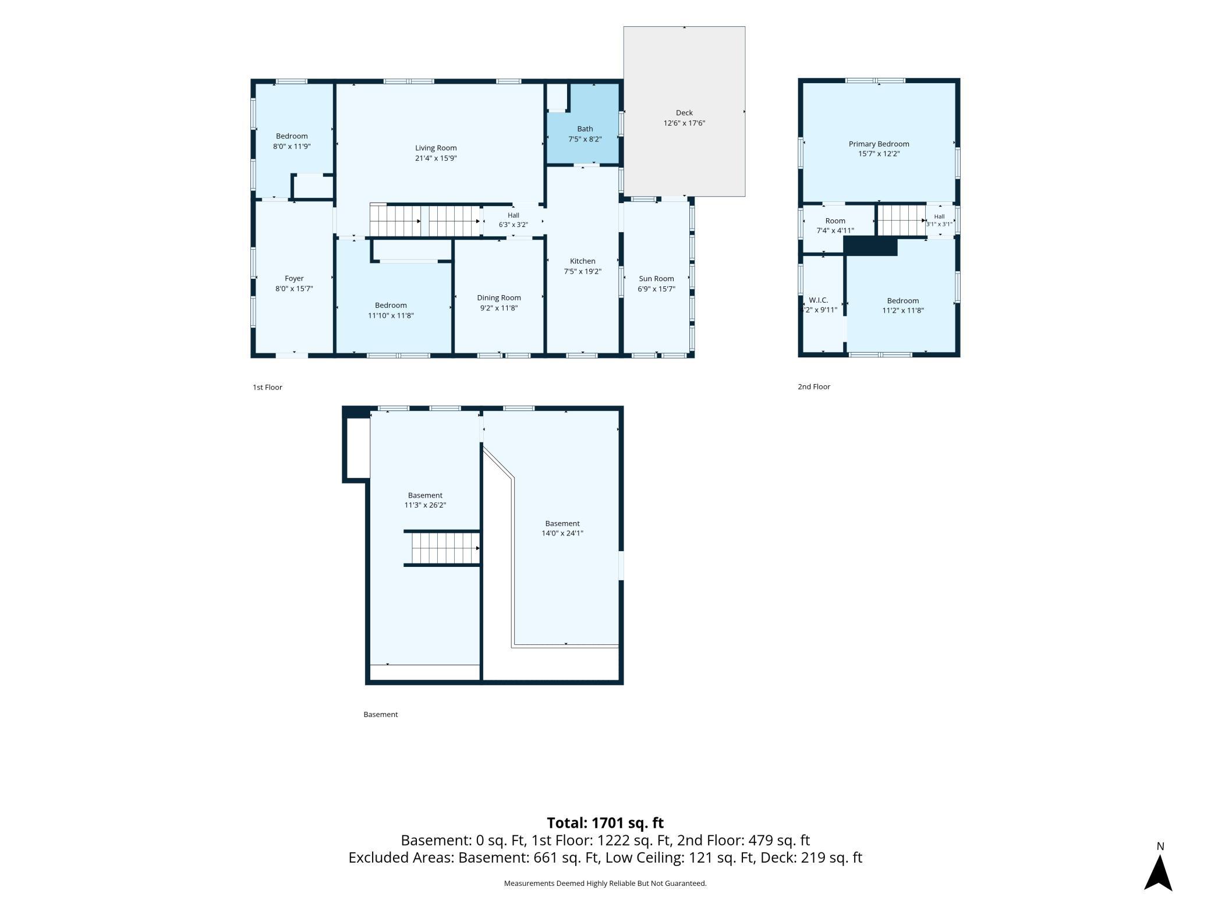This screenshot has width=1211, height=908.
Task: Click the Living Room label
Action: (x=435, y=148)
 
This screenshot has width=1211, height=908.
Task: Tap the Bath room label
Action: (x=585, y=129)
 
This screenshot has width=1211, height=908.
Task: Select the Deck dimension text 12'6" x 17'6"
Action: (x=684, y=123)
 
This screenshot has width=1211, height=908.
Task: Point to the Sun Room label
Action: (x=656, y=279)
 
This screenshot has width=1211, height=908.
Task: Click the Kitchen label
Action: (x=582, y=261)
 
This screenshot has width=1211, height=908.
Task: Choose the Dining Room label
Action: (x=499, y=298)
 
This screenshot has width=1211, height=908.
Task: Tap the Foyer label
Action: (x=294, y=279)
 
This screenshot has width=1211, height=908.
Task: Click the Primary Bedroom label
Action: (x=879, y=144)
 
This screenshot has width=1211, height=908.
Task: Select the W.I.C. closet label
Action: (x=818, y=300)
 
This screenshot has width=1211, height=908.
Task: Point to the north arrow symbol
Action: (x=1158, y=871)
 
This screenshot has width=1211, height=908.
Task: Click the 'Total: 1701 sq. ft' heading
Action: (x=605, y=823)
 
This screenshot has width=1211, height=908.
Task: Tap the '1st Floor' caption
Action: (x=267, y=387)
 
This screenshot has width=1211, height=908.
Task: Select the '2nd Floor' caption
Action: (x=814, y=386)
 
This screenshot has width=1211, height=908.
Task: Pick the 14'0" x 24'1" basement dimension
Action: (x=562, y=533)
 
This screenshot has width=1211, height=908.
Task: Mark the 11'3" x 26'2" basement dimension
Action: (x=425, y=505)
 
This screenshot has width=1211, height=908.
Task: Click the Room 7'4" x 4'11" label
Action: (x=835, y=226)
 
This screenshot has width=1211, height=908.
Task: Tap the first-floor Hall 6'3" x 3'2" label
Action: (x=513, y=220)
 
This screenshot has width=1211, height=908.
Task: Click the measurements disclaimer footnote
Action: (x=605, y=884)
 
